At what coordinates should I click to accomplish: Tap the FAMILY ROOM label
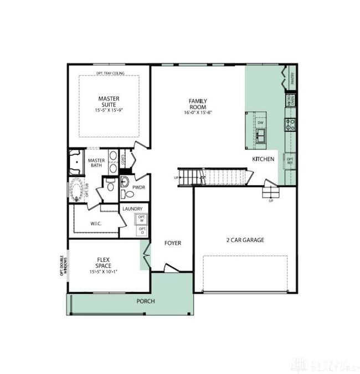pos(198,104)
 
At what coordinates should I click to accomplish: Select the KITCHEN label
pos(263,159)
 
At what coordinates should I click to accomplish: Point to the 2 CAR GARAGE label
pos(245,240)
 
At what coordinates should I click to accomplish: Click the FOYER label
pos(173,243)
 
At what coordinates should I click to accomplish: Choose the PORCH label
pos(146,302)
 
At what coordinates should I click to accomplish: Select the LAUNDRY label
pos(133,209)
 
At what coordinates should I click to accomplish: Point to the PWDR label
pos(138,187)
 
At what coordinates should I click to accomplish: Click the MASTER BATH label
pos(96,163)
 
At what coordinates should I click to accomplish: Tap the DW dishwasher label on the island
pos(260,122)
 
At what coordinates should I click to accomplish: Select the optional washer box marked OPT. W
pos(142,219)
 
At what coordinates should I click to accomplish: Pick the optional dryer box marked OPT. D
pos(142,230)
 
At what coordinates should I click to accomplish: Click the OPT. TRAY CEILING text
pos(110,73)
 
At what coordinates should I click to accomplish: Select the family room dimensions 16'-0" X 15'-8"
pos(198,112)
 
